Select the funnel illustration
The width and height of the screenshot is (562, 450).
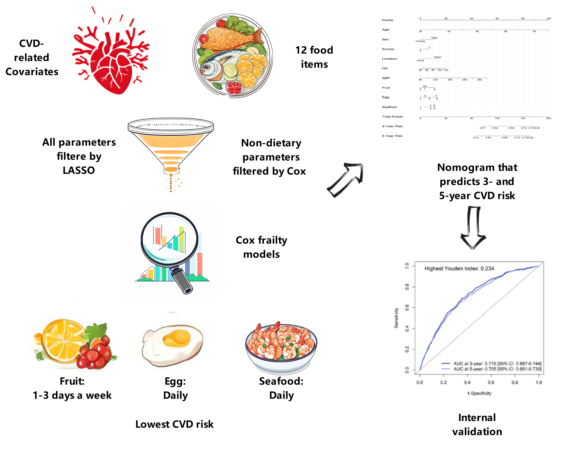click(171, 146)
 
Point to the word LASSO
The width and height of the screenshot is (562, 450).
click(79, 170)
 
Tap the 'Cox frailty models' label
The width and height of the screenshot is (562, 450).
click(261, 247)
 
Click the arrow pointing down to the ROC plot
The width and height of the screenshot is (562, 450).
click(473, 227)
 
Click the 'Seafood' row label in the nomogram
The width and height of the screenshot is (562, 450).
click(389, 107)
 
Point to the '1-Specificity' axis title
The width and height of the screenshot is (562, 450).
click(479, 393)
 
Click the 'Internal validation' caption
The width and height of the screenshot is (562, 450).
click(477, 425)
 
